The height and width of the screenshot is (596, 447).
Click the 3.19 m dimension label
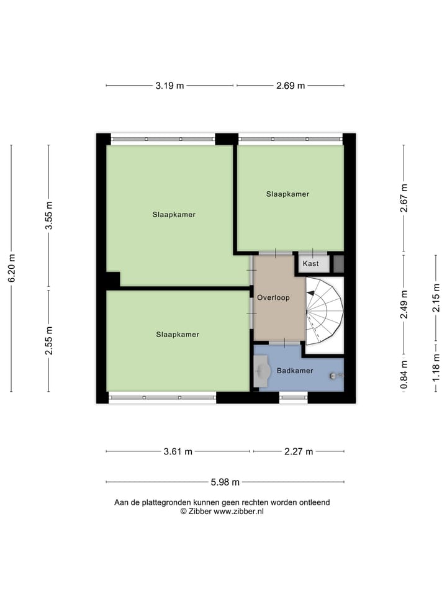click(x=169, y=86)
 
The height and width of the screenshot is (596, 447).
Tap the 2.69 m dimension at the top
click(x=291, y=86)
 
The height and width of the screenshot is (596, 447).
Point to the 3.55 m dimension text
click(x=49, y=216)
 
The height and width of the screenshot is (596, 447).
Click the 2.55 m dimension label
click(x=49, y=341)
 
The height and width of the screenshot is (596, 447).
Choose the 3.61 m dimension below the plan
click(x=178, y=451)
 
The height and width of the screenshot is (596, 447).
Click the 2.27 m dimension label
click(x=299, y=451)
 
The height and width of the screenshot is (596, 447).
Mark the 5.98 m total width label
click(x=225, y=482)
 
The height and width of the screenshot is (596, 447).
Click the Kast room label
click(x=311, y=264)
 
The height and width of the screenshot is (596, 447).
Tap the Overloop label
click(x=274, y=298)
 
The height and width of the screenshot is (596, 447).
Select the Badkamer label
click(x=295, y=371)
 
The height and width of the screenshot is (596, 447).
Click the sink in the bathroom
click(x=262, y=371)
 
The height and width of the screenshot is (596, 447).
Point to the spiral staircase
click(x=324, y=310)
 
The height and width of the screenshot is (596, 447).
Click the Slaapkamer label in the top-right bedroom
click(x=287, y=194)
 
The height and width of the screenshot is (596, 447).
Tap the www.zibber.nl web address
click(x=239, y=511)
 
